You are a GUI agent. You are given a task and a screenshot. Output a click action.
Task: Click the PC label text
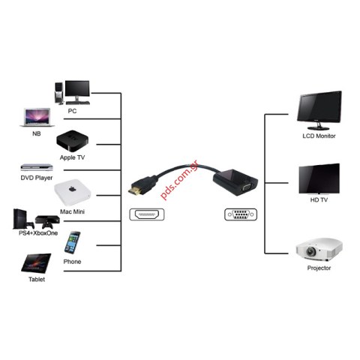tap(72, 111)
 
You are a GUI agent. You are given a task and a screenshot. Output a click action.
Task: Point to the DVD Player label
tap(36, 178)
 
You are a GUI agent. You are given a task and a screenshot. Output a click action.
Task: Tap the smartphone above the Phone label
tap(73, 243)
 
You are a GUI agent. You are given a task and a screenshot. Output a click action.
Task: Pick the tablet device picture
tap(35, 262)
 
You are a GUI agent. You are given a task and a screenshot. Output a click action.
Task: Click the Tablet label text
tap(36, 280)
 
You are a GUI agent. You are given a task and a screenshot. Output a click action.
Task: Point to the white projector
tap(319, 249)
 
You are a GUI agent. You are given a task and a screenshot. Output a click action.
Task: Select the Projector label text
tap(319, 268)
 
